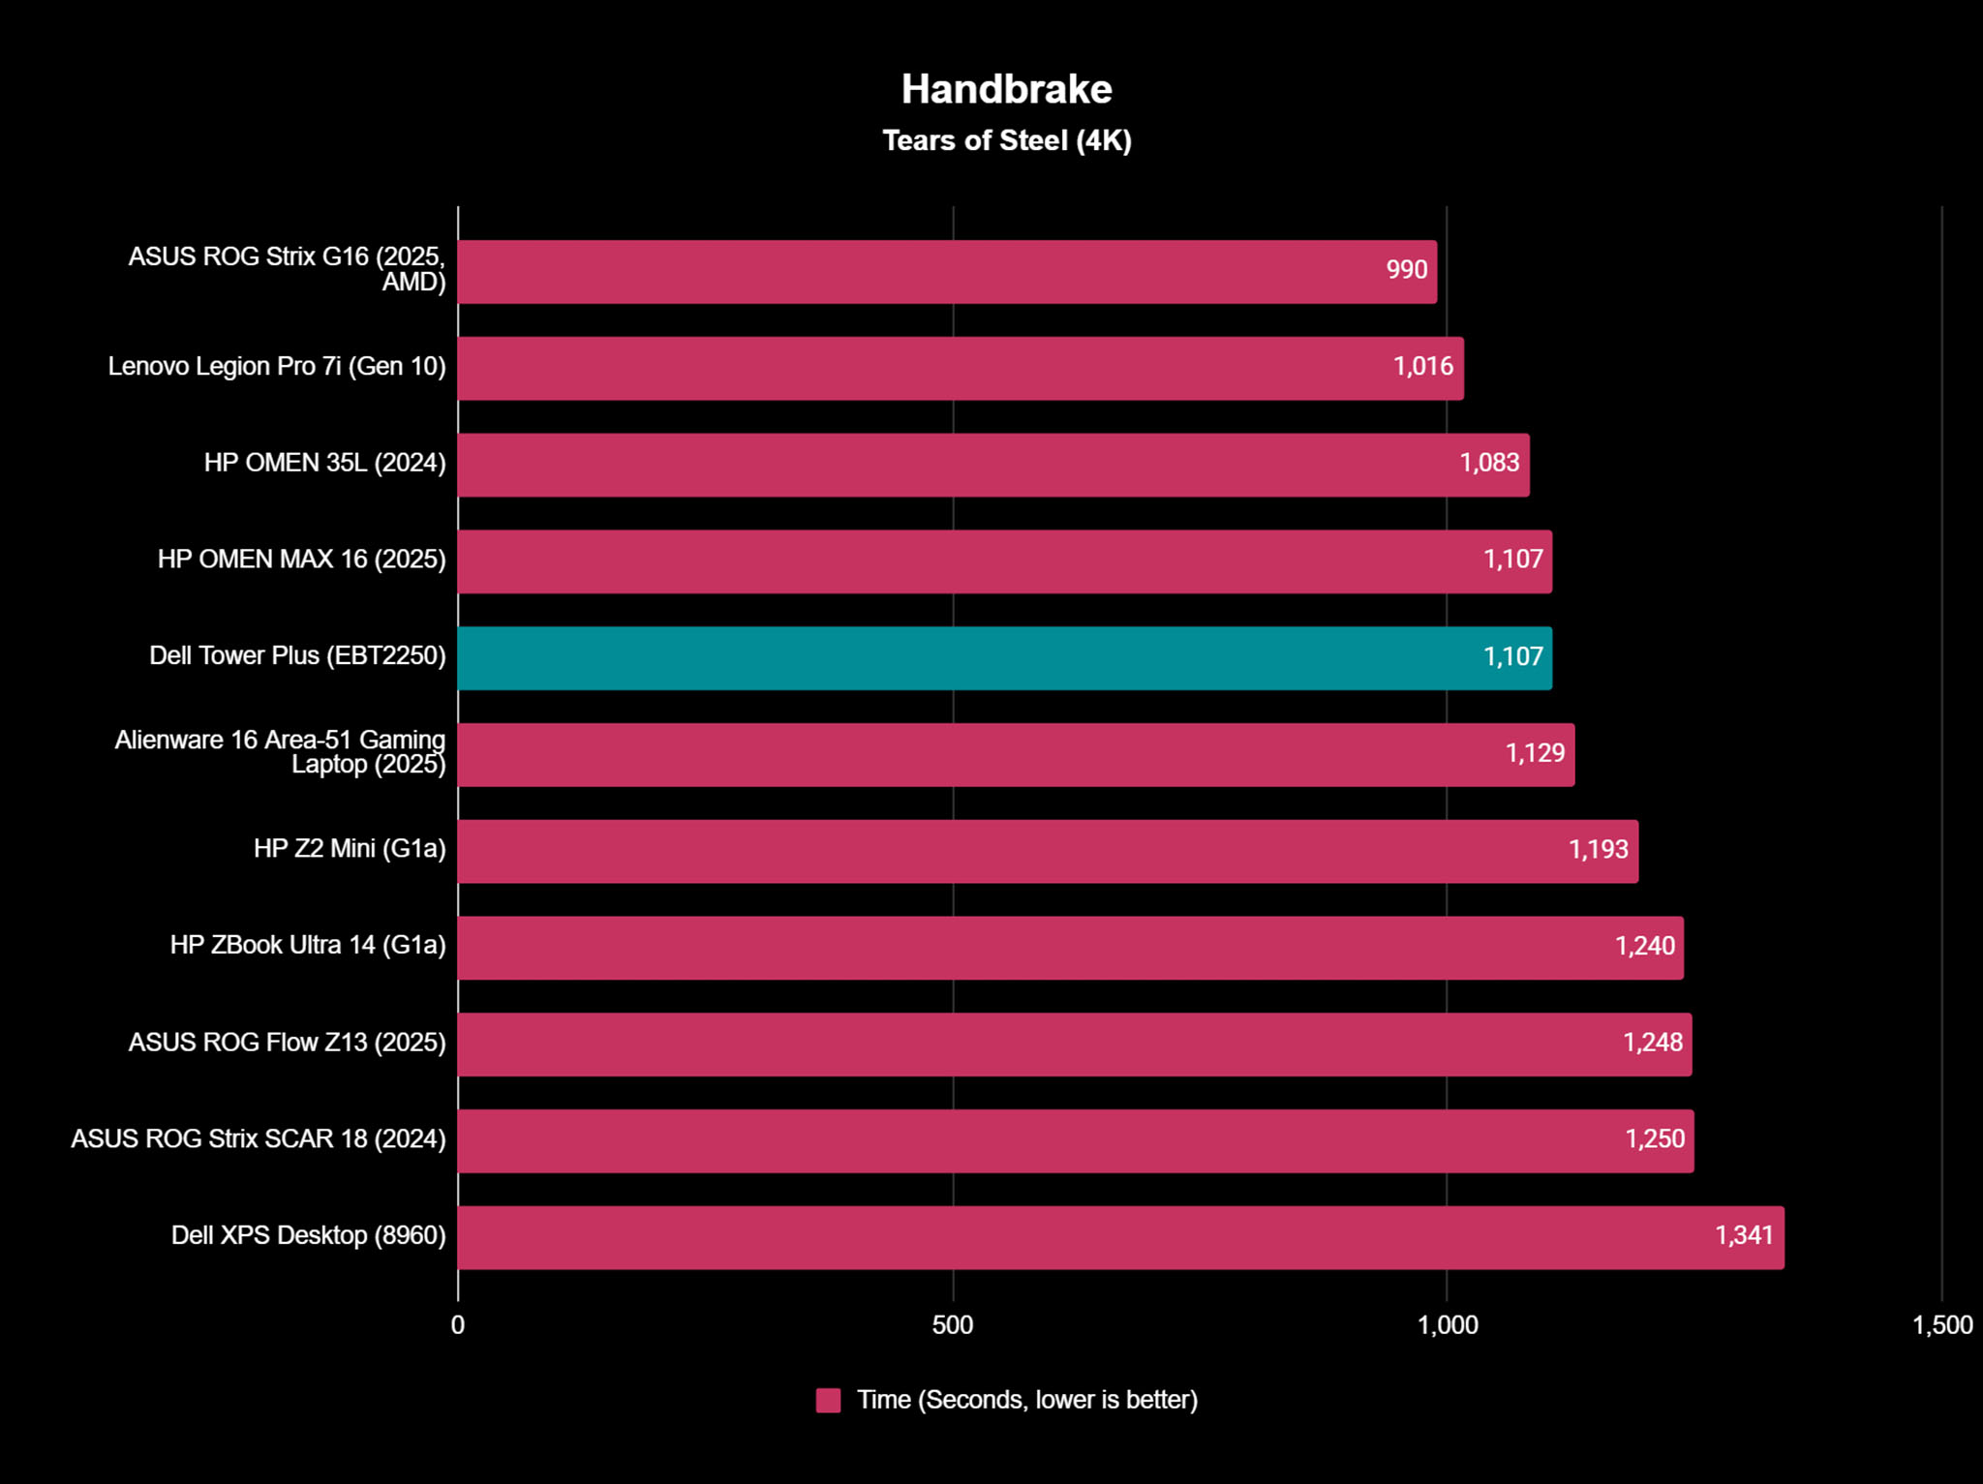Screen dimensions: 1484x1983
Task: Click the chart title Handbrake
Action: click(x=1006, y=89)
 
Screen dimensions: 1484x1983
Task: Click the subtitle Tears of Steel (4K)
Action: click(x=1006, y=141)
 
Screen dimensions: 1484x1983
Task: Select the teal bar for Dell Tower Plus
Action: click(x=1004, y=658)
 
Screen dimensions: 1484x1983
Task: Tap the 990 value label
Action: click(x=1406, y=270)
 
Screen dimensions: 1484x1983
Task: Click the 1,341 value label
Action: click(x=1744, y=1235)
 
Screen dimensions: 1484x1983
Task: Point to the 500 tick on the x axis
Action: click(x=952, y=1325)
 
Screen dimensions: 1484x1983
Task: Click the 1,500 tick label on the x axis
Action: click(x=1941, y=1325)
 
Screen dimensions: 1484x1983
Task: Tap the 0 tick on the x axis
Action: click(x=458, y=1325)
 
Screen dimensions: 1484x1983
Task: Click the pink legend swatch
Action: click(x=828, y=1401)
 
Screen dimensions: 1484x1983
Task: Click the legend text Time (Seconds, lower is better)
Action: click(x=1027, y=1401)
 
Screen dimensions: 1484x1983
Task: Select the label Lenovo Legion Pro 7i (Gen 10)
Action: click(x=277, y=367)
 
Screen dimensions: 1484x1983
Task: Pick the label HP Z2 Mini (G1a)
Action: click(x=350, y=849)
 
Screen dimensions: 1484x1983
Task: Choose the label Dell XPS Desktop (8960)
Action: click(x=308, y=1235)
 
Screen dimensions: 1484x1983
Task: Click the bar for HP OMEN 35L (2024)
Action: click(x=992, y=465)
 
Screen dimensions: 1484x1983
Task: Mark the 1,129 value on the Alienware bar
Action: click(x=1535, y=753)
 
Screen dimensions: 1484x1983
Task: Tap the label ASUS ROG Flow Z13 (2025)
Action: click(x=287, y=1043)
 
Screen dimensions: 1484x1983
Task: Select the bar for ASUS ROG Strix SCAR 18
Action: click(x=1075, y=1141)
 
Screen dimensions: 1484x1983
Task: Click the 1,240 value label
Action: click(x=1644, y=946)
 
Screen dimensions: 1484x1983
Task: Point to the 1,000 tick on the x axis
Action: click(x=1447, y=1325)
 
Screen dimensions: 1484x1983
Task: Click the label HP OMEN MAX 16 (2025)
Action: click(x=301, y=560)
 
